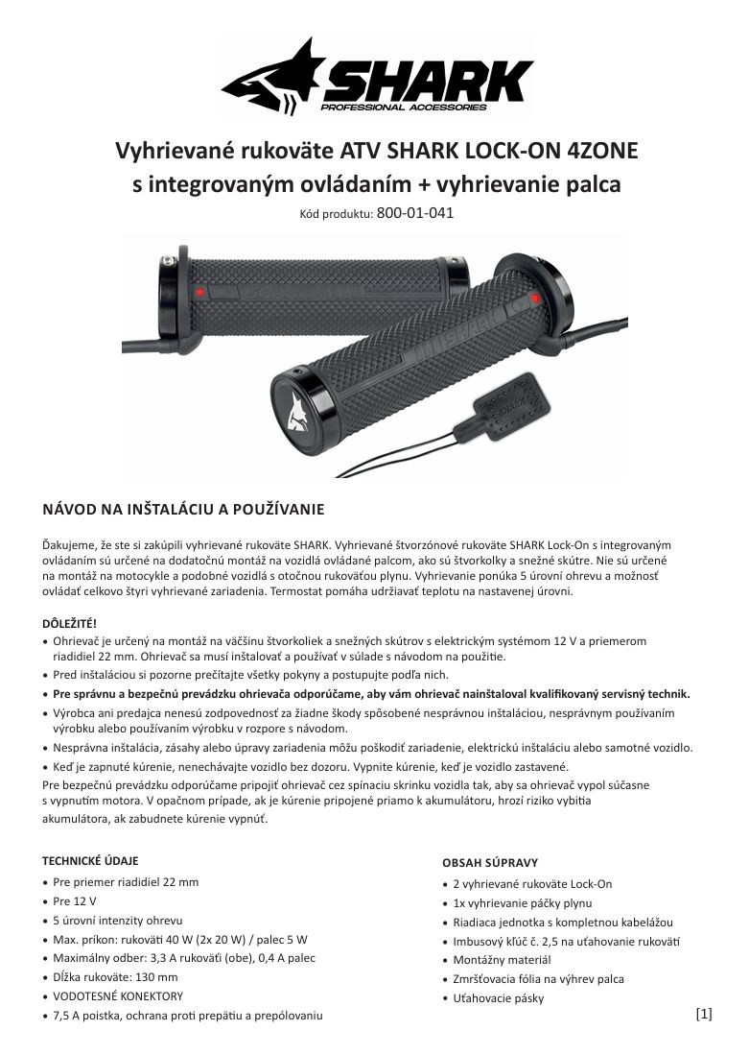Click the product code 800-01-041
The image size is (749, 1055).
415,213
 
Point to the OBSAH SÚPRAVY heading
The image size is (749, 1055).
490,863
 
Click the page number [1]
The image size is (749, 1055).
704,1013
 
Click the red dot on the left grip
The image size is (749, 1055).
199,290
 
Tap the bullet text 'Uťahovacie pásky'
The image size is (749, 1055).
499,998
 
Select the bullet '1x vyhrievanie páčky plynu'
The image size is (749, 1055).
523,903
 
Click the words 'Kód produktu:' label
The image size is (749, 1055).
336,214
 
